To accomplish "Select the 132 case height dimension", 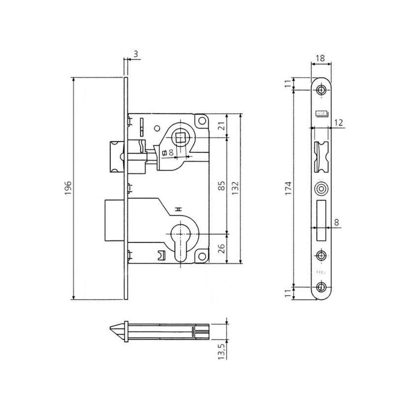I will [236, 188].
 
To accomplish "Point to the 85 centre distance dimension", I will [222, 186].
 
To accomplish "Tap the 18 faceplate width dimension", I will [320, 58].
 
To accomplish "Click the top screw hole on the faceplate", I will [321, 90].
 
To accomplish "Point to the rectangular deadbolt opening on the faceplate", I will [321, 216].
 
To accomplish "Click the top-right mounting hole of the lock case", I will [202, 120].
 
